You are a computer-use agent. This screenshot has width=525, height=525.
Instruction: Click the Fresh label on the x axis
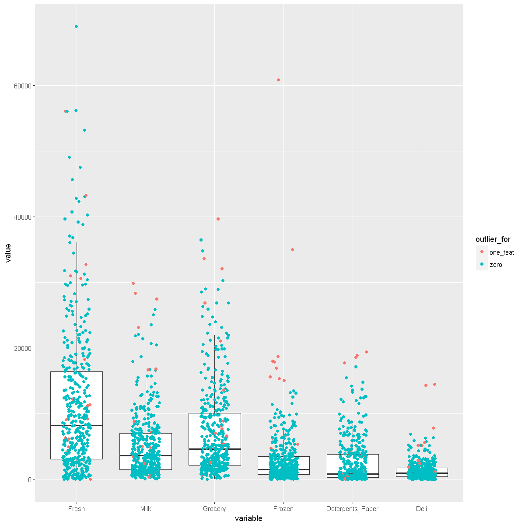coord(77,509)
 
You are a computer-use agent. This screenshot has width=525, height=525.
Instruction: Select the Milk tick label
coord(146,509)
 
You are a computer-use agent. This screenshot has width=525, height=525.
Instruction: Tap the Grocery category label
coord(214,509)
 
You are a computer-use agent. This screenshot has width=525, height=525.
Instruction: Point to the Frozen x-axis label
coord(283,509)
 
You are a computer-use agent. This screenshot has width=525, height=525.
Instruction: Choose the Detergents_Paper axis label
coord(353,509)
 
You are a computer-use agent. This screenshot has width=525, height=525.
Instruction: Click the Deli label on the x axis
coord(421,509)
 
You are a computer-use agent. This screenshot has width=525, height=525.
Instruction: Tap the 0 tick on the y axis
coord(30,479)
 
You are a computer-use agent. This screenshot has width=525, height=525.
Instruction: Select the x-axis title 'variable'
coord(248,518)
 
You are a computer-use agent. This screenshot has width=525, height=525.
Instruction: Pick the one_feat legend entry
coord(501,252)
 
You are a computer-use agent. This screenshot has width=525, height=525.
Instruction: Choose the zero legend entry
coord(496,264)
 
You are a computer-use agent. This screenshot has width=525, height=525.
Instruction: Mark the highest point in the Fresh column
coord(76,26)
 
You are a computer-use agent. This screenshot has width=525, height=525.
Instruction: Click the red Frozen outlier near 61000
coord(278,80)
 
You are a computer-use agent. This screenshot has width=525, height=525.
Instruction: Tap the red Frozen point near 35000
coord(292,249)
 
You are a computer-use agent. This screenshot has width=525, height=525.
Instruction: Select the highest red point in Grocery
coord(218,219)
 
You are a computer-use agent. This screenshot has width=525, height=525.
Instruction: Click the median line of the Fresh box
coord(77,425)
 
